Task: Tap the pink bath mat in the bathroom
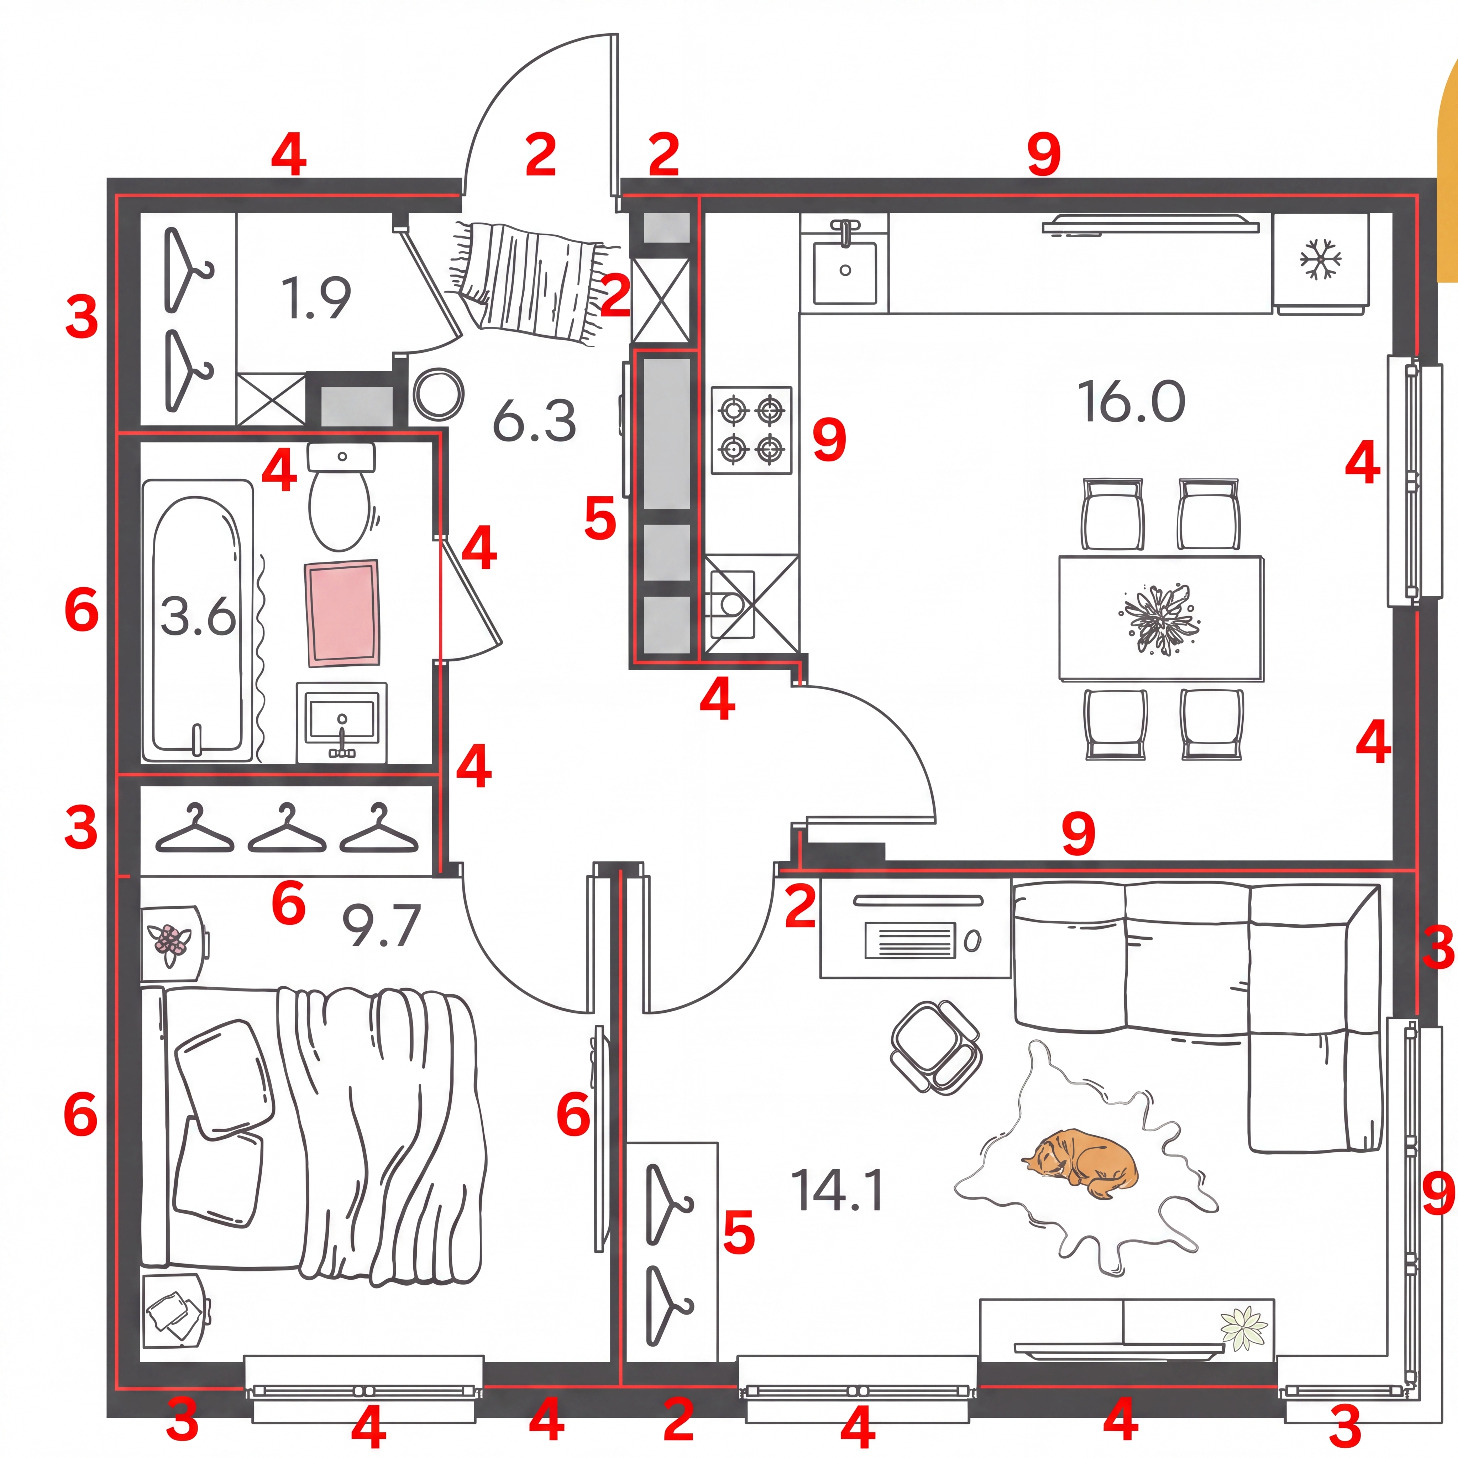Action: (x=342, y=613)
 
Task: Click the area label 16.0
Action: (x=1131, y=402)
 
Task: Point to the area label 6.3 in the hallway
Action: (x=534, y=421)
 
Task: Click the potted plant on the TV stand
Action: (x=1244, y=1327)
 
